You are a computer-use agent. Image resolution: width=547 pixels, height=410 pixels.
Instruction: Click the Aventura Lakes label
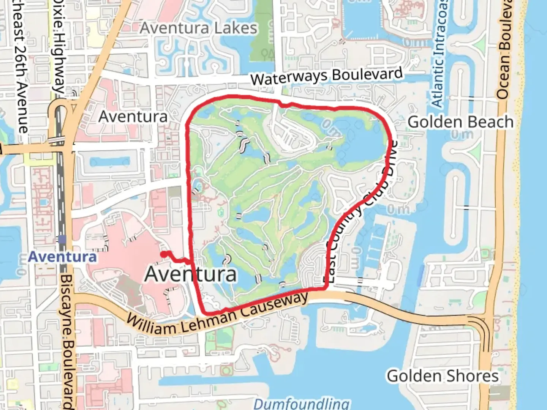tap(199, 28)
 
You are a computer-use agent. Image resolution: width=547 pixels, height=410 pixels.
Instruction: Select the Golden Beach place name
tap(460, 122)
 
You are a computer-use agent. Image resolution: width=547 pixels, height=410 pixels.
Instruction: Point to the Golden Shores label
tap(443, 376)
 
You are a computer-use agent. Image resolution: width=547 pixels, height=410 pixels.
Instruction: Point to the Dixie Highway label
tap(59, 46)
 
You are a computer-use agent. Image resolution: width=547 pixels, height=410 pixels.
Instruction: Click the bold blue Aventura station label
tap(63, 257)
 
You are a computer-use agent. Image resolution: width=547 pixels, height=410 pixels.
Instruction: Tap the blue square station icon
tap(62, 240)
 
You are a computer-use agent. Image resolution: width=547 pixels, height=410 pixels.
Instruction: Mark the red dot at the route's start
tap(163, 254)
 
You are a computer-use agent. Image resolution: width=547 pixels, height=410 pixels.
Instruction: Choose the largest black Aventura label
tap(191, 274)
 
